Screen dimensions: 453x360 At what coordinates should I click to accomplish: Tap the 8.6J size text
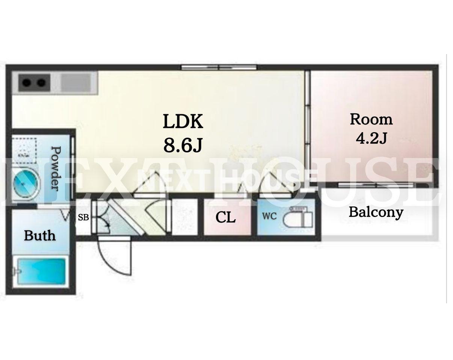(183, 145)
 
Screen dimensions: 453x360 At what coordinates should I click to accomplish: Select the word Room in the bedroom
(371, 119)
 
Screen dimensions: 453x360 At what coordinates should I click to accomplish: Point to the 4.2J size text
(371, 138)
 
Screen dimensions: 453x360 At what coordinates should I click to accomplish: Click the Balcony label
(376, 212)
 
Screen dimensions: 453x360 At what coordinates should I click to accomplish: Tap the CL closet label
(225, 217)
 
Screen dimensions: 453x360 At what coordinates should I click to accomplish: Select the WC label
(269, 216)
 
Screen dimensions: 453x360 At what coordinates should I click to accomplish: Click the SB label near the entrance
(83, 217)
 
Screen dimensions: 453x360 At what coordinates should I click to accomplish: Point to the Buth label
(40, 235)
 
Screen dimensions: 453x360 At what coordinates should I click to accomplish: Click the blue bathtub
(41, 271)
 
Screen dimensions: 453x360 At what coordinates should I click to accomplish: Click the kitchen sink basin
(75, 83)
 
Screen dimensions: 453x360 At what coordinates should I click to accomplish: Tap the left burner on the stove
(26, 83)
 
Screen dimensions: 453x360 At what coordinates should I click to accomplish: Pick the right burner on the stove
(41, 83)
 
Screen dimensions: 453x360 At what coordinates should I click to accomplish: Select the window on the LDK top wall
(219, 67)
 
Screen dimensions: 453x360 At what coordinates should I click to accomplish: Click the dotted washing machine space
(24, 151)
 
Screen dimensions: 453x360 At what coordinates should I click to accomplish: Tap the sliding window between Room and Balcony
(376, 185)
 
